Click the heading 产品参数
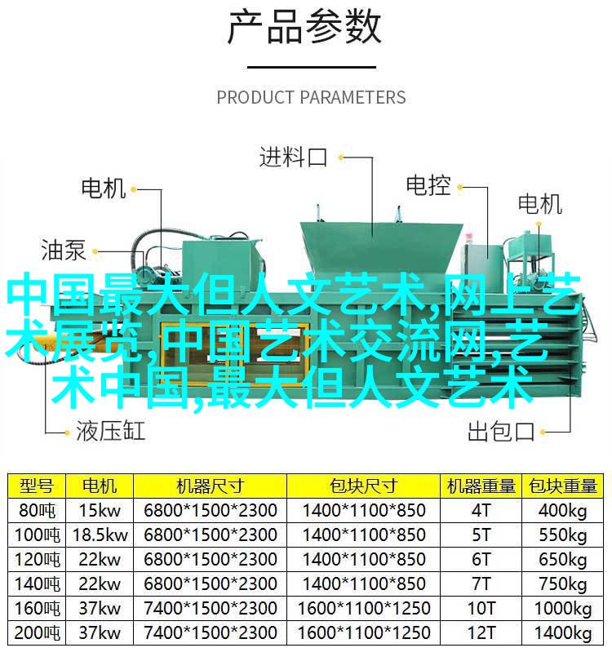304,28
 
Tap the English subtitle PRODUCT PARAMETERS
311,97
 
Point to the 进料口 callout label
293,157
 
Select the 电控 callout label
428,186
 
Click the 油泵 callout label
64,250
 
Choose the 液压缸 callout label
111,430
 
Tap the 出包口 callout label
500,431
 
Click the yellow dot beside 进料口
340,158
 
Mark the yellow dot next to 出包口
543,432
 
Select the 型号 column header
37,486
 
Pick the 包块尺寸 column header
363,486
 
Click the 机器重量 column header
481,486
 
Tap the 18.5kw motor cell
100,535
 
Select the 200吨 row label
37,632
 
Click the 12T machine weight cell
481,632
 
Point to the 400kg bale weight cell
562,511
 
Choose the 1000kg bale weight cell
562,609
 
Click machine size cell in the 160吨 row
210,609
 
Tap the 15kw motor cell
100,511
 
